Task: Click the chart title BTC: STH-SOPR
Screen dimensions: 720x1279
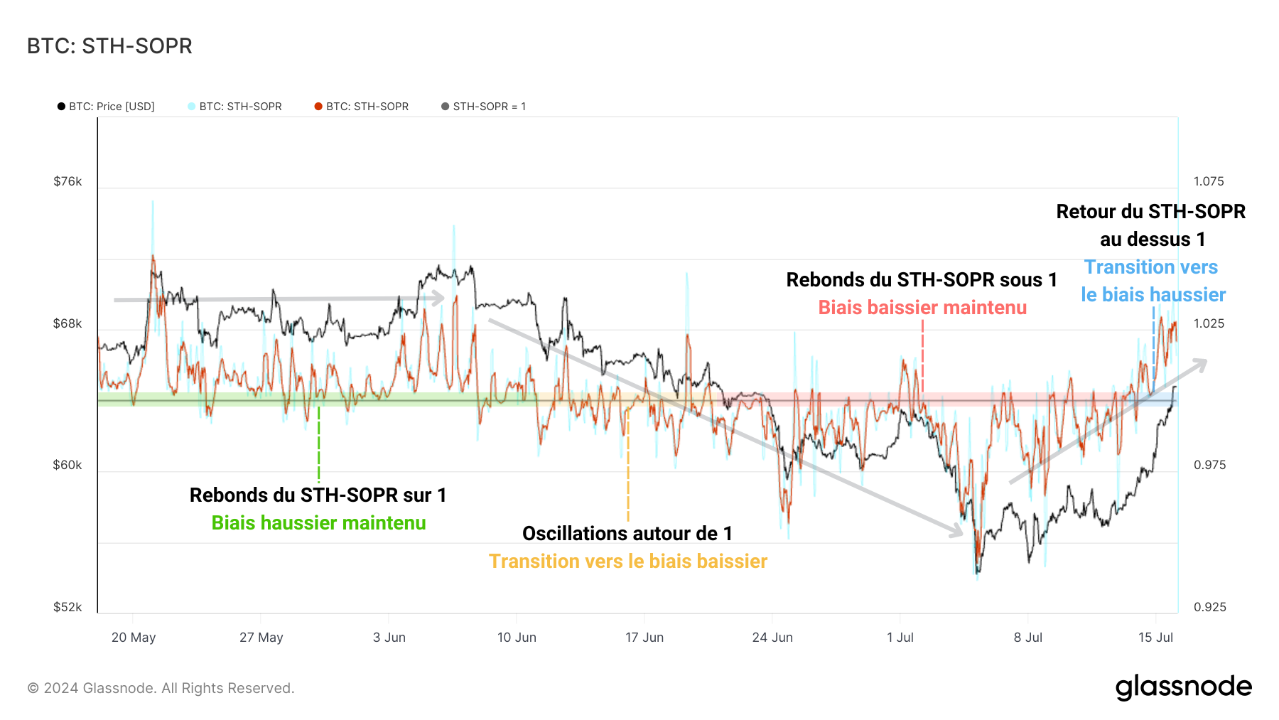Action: pyautogui.click(x=109, y=46)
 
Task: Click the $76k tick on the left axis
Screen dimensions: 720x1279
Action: pyautogui.click(x=68, y=181)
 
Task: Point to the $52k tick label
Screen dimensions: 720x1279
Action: pyautogui.click(x=68, y=607)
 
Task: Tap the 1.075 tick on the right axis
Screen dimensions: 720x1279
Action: pyautogui.click(x=1208, y=181)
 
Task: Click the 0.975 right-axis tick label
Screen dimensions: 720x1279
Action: pyautogui.click(x=1208, y=465)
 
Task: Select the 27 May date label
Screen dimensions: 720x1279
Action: pyautogui.click(x=261, y=638)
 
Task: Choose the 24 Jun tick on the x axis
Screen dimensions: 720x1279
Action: pyautogui.click(x=772, y=638)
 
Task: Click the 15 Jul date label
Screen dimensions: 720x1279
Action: pyautogui.click(x=1155, y=638)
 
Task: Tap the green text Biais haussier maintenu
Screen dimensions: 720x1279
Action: pyautogui.click(x=318, y=523)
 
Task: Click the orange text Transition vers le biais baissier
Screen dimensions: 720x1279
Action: pyautogui.click(x=627, y=562)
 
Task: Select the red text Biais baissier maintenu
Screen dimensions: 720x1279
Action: pyautogui.click(x=922, y=308)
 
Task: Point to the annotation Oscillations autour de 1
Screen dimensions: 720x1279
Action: pyautogui.click(x=627, y=534)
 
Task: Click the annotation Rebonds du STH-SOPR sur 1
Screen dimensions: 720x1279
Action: pyautogui.click(x=318, y=495)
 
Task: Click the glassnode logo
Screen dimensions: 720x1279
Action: pyautogui.click(x=1183, y=687)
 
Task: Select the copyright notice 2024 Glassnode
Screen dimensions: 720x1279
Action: pyautogui.click(x=161, y=688)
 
